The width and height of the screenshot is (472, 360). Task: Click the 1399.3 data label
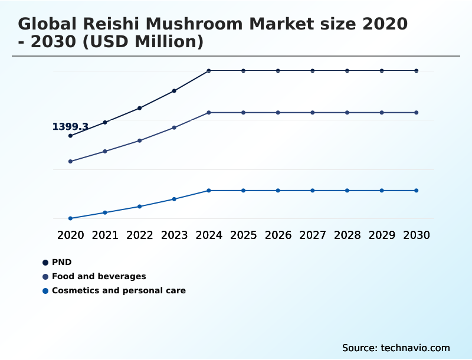click(70, 127)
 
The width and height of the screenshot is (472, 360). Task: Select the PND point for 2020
click(70, 136)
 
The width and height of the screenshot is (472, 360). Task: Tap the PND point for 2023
click(174, 91)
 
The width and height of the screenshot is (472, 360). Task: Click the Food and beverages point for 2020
click(70, 161)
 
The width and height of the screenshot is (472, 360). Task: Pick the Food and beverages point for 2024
click(209, 112)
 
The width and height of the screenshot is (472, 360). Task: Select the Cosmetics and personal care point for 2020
click(70, 218)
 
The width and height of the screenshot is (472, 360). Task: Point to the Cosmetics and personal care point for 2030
click(417, 191)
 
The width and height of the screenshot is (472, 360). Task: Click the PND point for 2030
click(417, 71)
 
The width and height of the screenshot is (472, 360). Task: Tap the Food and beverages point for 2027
click(313, 112)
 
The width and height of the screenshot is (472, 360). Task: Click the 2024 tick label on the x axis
click(209, 235)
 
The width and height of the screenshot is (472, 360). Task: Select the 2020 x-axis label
click(70, 235)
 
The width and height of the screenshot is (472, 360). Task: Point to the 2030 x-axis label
click(417, 235)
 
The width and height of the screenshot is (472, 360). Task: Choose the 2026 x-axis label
click(278, 235)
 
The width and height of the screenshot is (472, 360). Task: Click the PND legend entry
click(61, 262)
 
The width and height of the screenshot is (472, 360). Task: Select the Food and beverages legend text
click(99, 276)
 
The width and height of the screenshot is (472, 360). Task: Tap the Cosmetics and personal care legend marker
click(45, 290)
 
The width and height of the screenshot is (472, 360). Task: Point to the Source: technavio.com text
click(396, 348)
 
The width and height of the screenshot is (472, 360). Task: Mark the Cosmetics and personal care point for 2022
click(140, 207)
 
